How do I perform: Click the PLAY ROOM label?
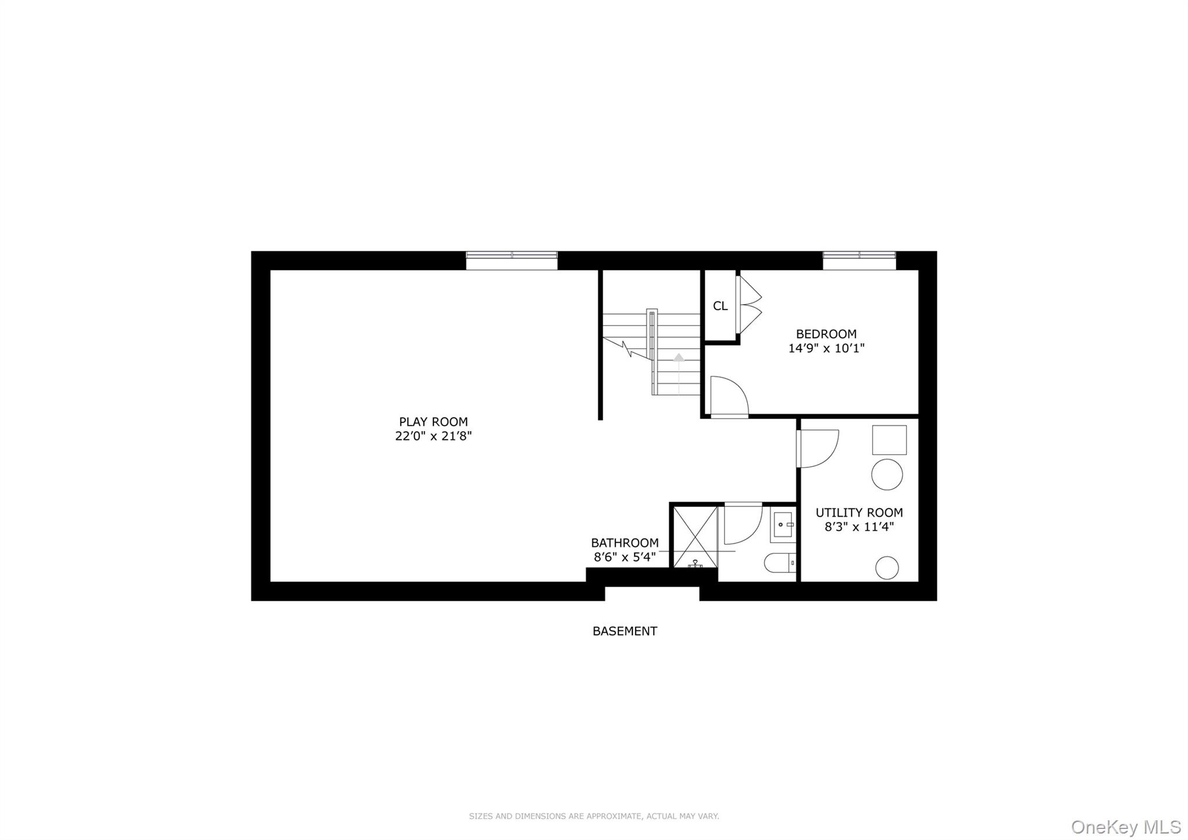click(433, 422)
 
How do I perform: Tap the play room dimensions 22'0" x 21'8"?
click(433, 437)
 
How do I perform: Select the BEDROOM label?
click(826, 334)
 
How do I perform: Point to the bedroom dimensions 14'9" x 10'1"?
click(826, 348)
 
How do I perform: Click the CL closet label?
click(720, 306)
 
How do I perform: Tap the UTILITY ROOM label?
click(859, 513)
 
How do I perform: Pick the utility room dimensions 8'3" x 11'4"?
click(859, 527)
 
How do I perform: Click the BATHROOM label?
click(625, 543)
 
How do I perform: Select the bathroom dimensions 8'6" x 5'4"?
click(625, 557)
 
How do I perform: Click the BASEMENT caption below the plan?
click(625, 631)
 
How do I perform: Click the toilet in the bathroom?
click(780, 563)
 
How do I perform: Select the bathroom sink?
click(783, 526)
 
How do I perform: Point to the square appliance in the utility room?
click(889, 440)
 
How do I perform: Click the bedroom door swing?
click(729, 396)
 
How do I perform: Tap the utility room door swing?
click(818, 448)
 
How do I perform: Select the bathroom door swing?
click(742, 524)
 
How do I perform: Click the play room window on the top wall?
click(512, 260)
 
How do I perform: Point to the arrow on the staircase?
click(679, 358)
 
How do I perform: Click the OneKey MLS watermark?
click(1126, 827)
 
